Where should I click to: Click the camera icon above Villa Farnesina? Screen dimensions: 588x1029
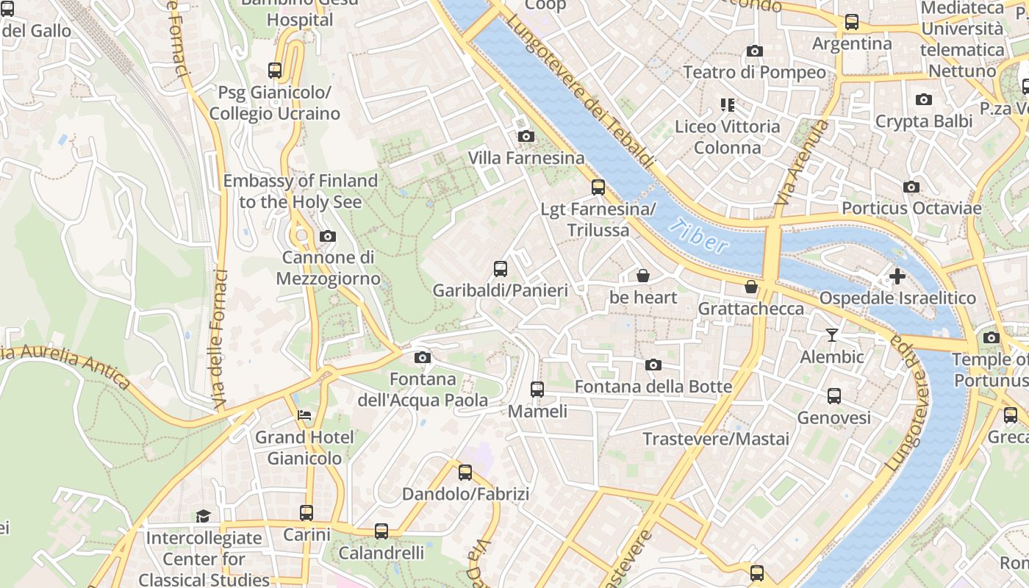[x=526, y=136]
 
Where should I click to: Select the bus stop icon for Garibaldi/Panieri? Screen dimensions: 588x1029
[x=501, y=269]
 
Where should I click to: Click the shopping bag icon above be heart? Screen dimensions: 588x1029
[x=643, y=276]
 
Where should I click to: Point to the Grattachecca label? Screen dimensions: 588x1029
[x=750, y=308]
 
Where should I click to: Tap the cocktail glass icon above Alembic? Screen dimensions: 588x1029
[x=832, y=335]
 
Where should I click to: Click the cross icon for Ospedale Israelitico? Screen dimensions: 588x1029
[x=897, y=276]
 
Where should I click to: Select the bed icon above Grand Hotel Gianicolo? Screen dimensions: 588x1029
[x=304, y=415]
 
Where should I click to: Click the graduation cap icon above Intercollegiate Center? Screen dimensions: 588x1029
[x=203, y=516]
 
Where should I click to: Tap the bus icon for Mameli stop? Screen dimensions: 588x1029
[x=537, y=390]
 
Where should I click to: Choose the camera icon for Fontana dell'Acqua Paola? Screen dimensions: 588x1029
[x=422, y=357]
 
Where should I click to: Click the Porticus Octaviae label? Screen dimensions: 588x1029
[x=911, y=208]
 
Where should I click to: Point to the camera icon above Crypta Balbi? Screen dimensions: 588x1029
[x=924, y=99]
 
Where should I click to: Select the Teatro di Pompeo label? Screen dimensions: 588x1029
[x=754, y=72]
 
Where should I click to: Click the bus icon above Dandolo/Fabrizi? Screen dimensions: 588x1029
[x=465, y=472]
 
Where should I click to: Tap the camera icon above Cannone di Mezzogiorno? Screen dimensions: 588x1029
[x=328, y=236]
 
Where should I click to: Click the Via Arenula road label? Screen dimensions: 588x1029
[x=801, y=164]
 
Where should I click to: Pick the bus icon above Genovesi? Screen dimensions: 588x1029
[x=834, y=396]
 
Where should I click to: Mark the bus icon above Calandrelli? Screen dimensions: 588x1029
[x=381, y=531]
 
